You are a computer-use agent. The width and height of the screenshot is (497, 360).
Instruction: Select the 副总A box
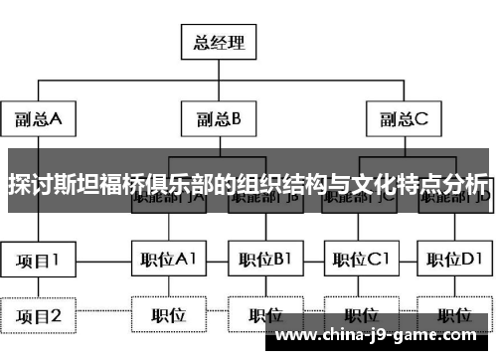[38, 120]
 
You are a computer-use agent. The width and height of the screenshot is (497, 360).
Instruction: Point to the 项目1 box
[38, 261]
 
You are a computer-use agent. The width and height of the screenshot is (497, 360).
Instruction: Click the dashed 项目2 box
[38, 315]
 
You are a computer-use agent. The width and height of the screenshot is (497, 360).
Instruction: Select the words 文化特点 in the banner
[398, 186]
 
